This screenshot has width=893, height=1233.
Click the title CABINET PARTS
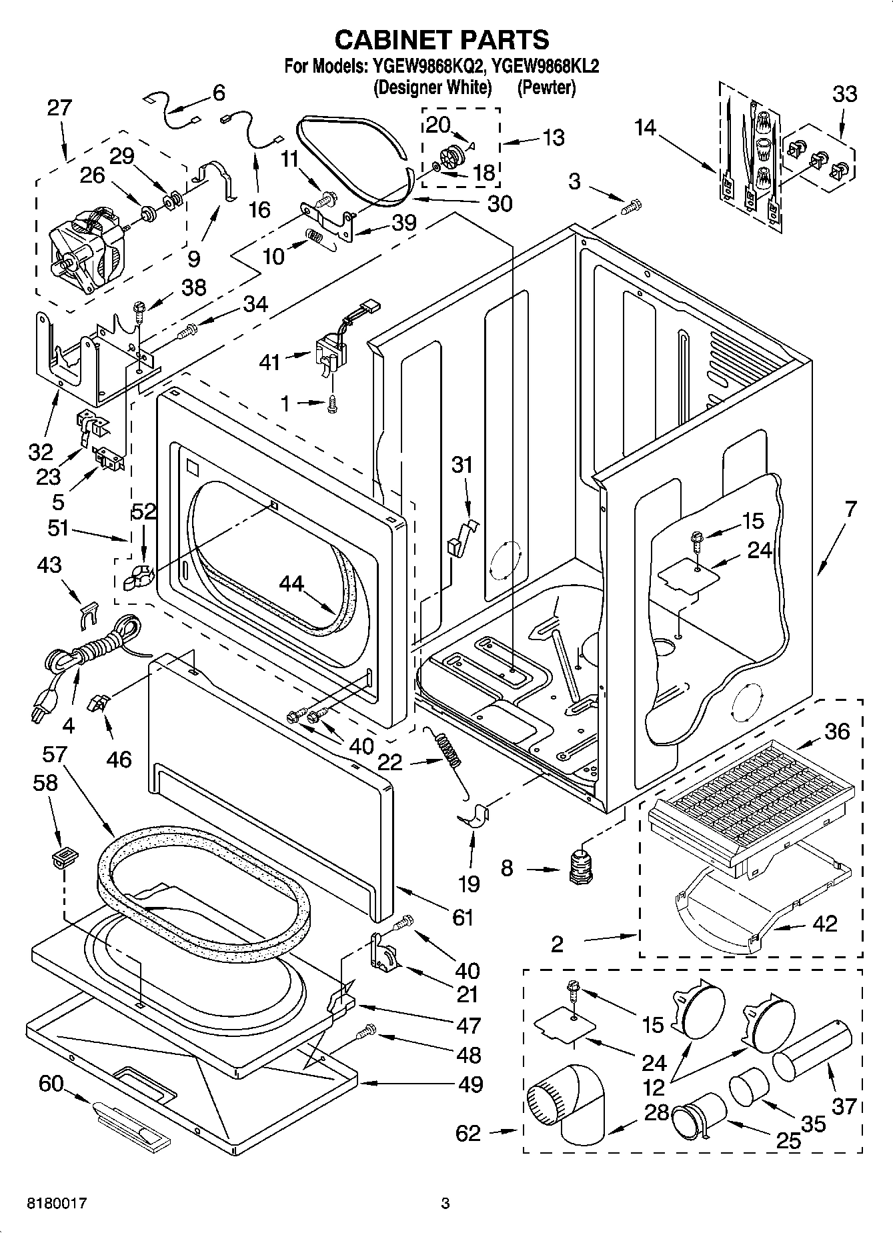point(441,39)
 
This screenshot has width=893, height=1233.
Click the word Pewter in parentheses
point(546,87)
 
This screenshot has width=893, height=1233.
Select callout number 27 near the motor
point(59,107)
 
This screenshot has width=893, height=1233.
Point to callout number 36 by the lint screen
point(837,731)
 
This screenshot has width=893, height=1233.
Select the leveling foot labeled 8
point(582,866)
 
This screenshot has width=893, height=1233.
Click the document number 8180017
point(56,1204)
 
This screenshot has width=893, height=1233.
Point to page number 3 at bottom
point(445,1204)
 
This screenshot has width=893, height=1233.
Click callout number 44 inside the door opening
point(291,584)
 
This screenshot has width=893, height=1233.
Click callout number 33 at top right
point(844,94)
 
